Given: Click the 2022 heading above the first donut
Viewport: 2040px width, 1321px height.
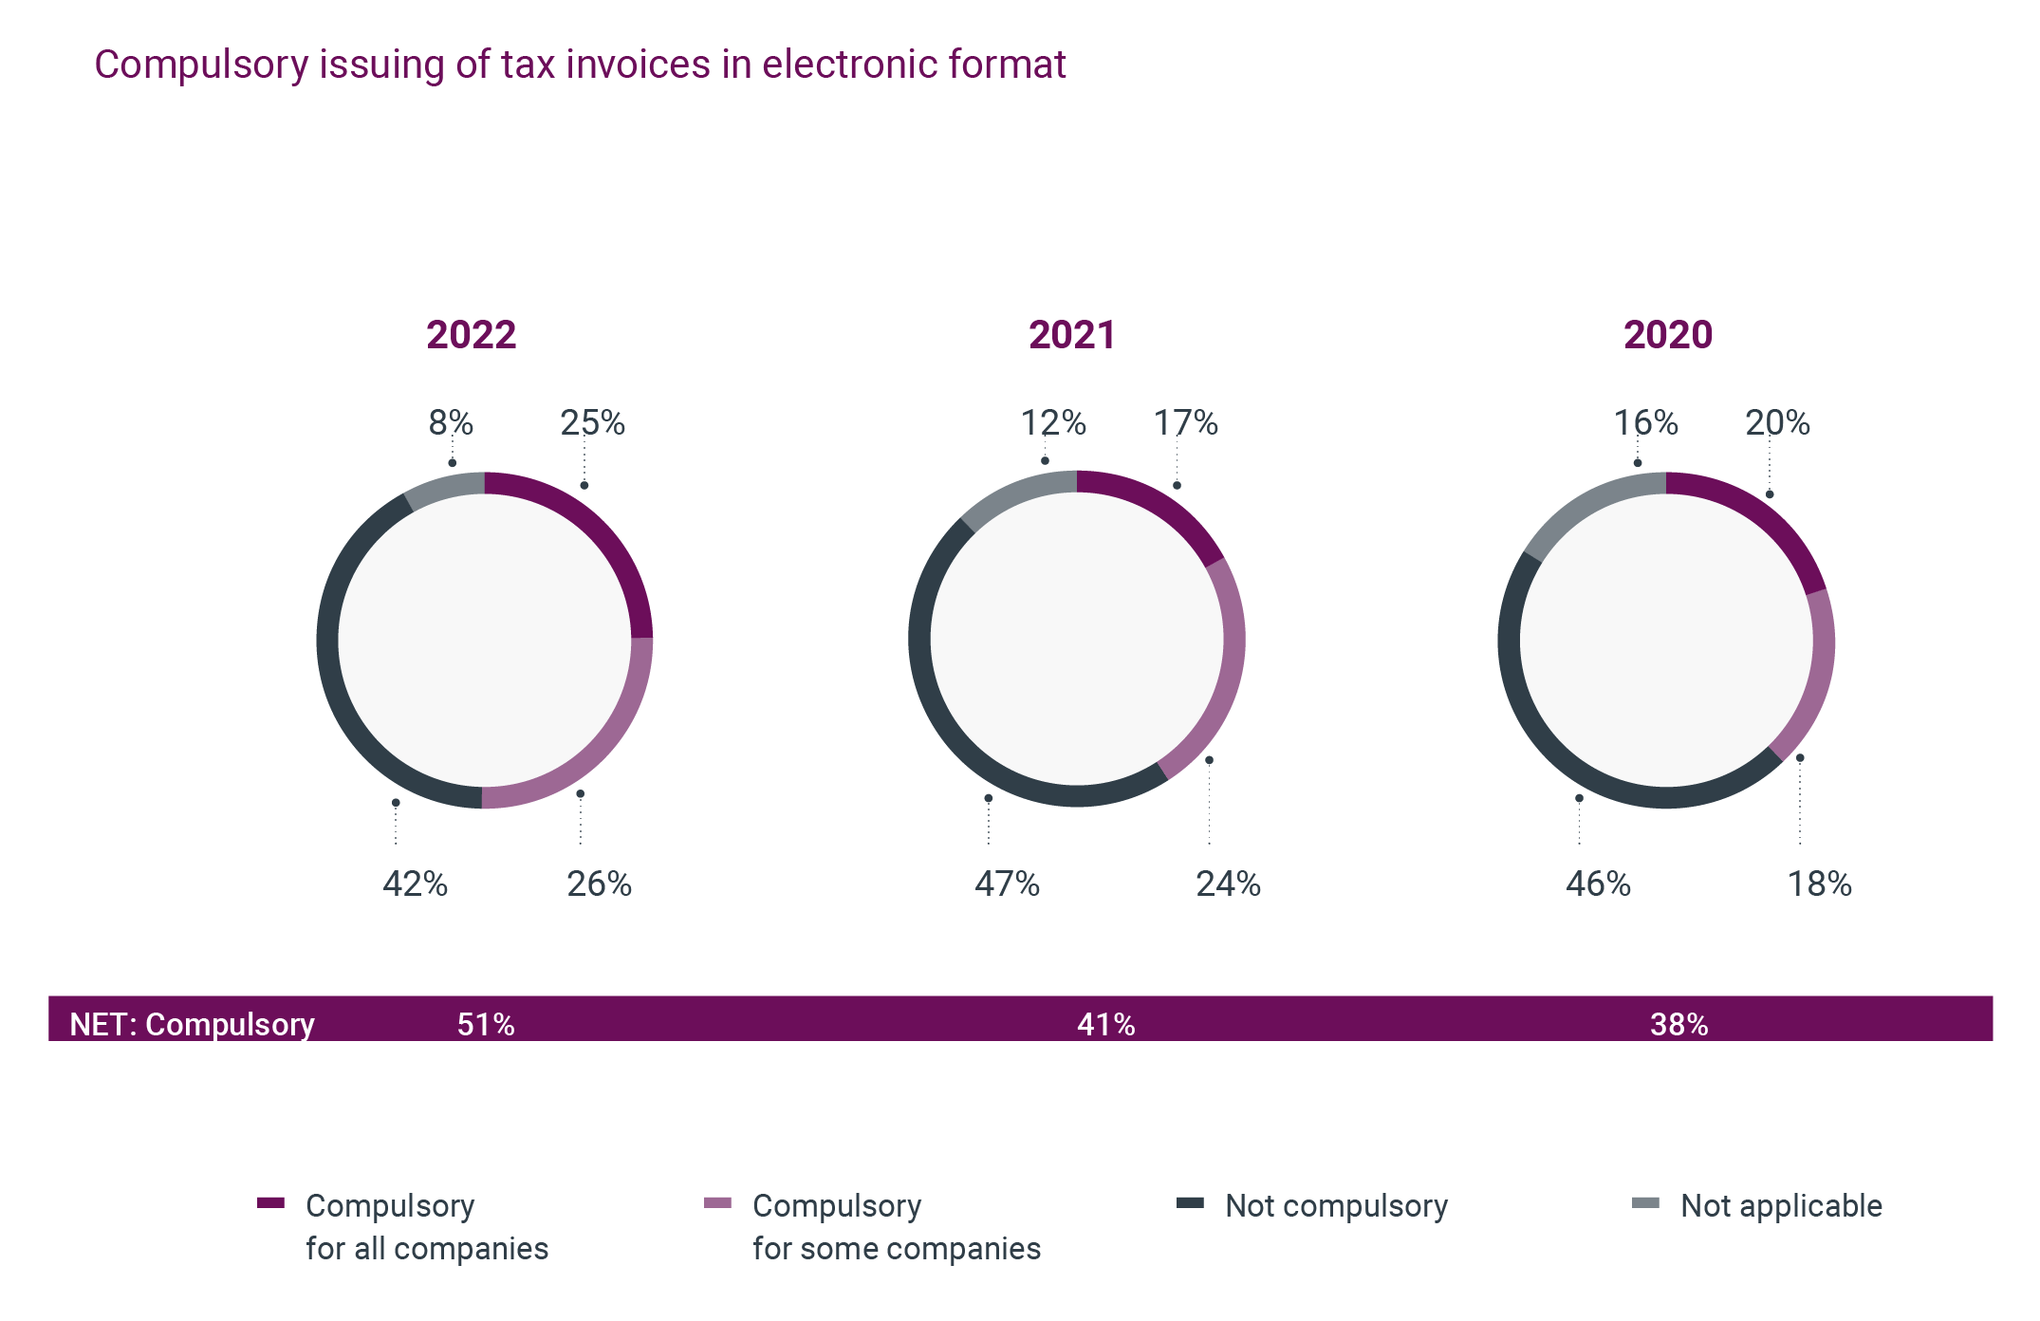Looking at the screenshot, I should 471,335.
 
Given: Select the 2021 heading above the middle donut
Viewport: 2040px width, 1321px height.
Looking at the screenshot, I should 1072,335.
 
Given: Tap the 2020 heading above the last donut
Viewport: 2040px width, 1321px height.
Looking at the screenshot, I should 1667,335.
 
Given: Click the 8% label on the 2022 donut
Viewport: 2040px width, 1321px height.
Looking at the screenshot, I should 451,422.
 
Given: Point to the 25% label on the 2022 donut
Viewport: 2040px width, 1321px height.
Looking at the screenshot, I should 592,422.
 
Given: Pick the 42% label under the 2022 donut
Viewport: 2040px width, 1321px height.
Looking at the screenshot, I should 415,884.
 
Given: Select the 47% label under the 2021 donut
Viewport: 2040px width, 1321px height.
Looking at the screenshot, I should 1007,884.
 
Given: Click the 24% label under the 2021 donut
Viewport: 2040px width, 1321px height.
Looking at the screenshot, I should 1228,884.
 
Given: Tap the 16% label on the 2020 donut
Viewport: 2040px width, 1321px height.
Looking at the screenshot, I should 1645,422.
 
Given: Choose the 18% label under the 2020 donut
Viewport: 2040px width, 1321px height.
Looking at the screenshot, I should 1819,884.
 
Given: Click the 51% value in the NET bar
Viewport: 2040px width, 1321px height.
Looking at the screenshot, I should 486,1024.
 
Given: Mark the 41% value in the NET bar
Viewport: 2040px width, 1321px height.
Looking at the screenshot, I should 1105,1024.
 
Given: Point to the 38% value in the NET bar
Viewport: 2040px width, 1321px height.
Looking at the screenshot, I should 1678,1024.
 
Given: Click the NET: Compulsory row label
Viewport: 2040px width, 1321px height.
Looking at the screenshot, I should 192,1024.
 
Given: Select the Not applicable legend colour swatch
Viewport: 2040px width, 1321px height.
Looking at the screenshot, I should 1645,1203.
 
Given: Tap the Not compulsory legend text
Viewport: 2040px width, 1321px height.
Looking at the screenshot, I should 1336,1205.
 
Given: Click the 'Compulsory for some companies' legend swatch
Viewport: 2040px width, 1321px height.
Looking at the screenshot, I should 717,1203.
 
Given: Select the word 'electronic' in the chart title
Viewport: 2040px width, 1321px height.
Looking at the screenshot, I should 825,65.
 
